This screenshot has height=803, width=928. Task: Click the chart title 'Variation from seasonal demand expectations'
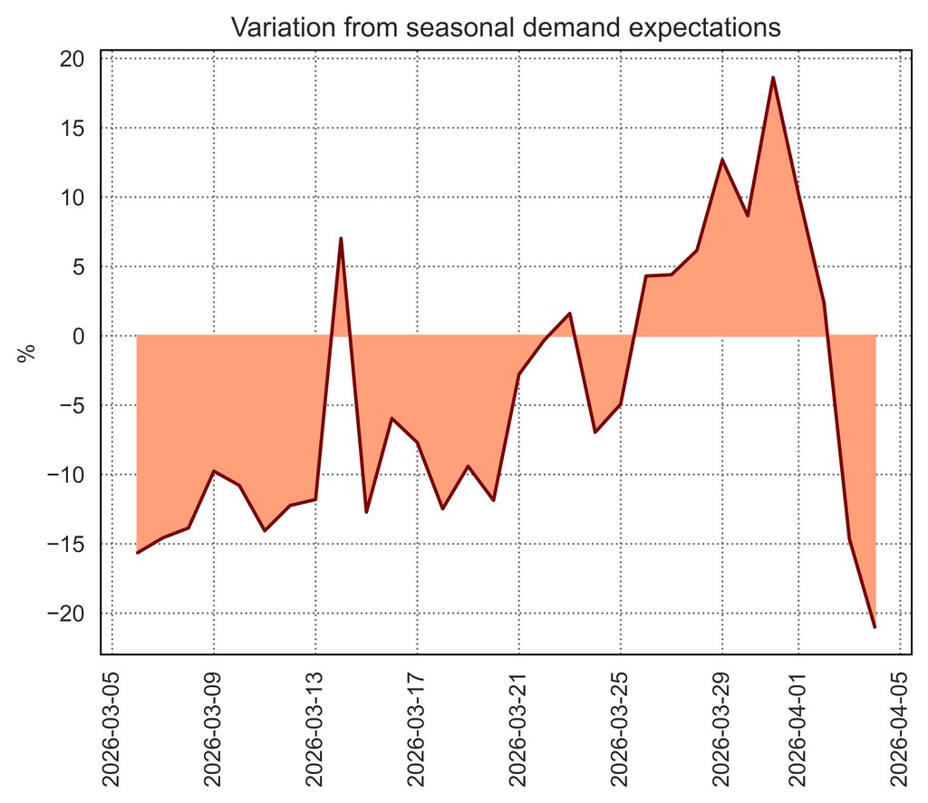[506, 27]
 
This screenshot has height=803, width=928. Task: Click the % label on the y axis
[27, 352]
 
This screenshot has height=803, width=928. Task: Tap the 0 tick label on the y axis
[79, 336]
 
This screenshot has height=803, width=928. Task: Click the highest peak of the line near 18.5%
[773, 78]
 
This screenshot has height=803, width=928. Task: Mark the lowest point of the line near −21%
[875, 626]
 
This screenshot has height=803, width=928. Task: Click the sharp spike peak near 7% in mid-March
[341, 238]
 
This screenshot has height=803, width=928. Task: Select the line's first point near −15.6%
[138, 552]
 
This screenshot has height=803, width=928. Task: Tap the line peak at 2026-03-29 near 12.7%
[722, 160]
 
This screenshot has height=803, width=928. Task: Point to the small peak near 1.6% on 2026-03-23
[569, 314]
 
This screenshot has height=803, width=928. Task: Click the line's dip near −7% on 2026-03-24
[594, 432]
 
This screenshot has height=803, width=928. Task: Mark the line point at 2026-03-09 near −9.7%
[214, 471]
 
